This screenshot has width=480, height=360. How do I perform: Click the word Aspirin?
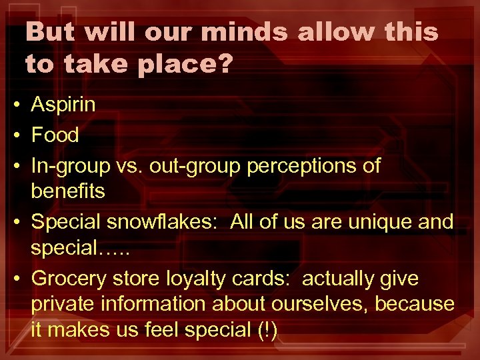pyautogui.click(x=63, y=105)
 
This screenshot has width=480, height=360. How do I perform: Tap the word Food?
pyautogui.click(x=55, y=135)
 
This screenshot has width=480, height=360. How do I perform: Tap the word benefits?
pyautogui.click(x=68, y=191)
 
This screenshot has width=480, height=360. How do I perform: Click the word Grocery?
pyautogui.click(x=68, y=278)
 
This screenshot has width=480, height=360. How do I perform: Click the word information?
pyautogui.click(x=155, y=303)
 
